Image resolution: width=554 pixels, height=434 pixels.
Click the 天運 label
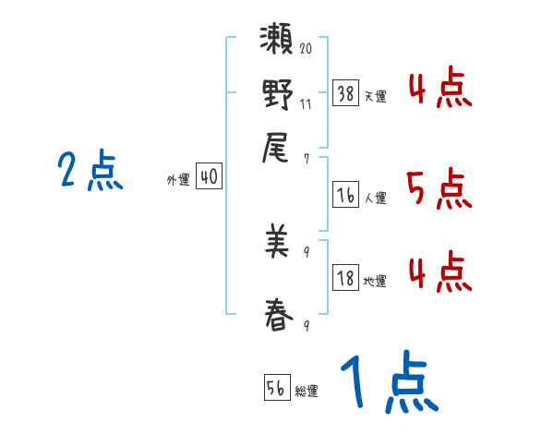pos(375,95)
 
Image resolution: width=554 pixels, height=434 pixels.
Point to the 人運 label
pos(375,198)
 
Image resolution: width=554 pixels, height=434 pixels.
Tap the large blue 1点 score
pos(387,383)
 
